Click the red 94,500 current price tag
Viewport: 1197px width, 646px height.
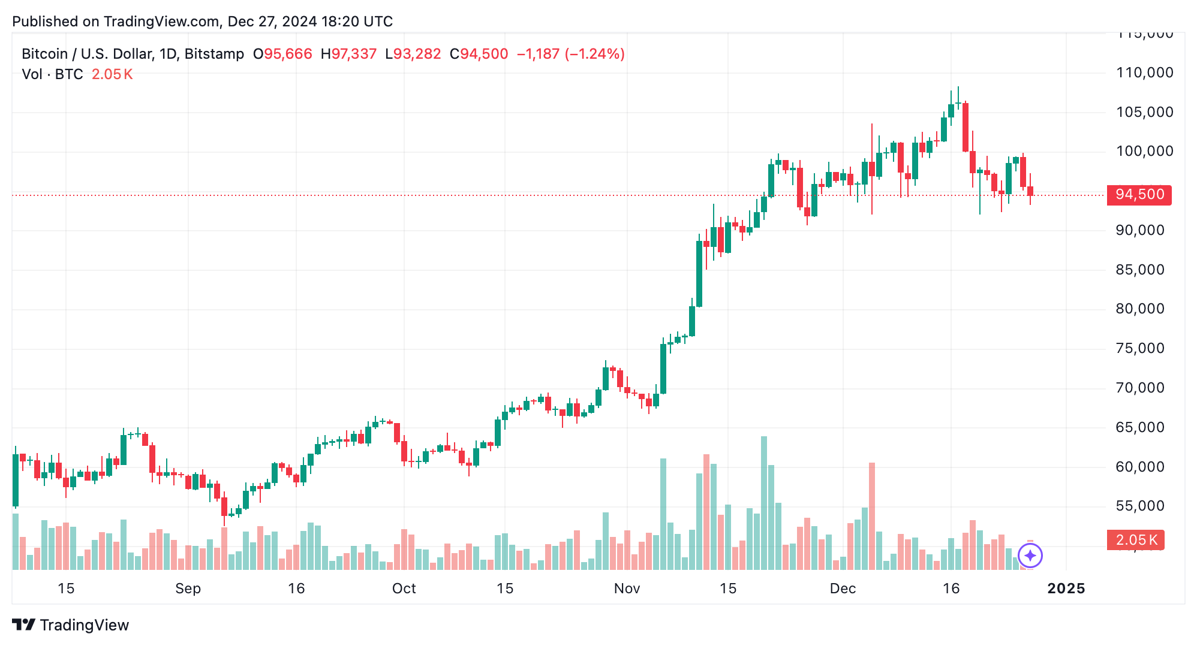[x=1139, y=195]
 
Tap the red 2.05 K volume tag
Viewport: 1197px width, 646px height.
[x=1135, y=540]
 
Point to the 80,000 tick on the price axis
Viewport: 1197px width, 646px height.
[x=1139, y=309]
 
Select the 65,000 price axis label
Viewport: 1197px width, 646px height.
[x=1139, y=427]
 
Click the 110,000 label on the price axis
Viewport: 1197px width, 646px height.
[x=1144, y=73]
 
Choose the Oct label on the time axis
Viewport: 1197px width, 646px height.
[x=404, y=588]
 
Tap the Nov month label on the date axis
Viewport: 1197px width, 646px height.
[x=627, y=588]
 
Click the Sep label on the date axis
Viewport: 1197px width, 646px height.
[x=188, y=588]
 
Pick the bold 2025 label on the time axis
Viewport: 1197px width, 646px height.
[x=1066, y=588]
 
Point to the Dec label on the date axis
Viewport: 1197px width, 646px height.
[x=843, y=588]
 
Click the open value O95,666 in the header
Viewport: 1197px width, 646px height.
[x=282, y=54]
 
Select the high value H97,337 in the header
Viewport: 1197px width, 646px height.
[x=348, y=54]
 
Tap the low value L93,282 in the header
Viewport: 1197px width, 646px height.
[x=413, y=54]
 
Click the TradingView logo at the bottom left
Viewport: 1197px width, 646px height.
[x=71, y=625]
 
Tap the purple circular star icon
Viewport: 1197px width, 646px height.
[x=1030, y=556]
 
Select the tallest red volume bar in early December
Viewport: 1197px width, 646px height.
[x=871, y=515]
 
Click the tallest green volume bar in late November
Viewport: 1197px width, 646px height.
[x=764, y=502]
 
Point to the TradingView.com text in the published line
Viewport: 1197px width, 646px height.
[x=161, y=22]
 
